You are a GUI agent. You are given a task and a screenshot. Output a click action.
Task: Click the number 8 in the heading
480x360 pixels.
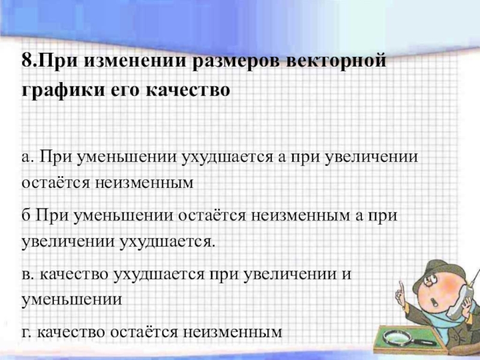point(26,61)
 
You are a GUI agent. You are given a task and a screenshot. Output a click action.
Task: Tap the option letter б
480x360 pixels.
point(26,215)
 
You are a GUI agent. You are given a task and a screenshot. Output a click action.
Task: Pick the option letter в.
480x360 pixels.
point(28,275)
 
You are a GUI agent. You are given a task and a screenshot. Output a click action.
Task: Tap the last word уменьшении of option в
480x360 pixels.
point(71,299)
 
